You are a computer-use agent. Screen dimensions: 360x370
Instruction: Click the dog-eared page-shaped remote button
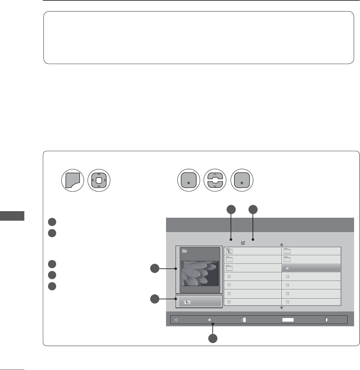[x=73, y=180]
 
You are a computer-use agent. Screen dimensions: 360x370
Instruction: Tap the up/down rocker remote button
[x=215, y=180]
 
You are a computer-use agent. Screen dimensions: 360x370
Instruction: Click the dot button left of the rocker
[x=188, y=180]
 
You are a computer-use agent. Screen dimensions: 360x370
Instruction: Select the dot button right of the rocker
[x=242, y=180]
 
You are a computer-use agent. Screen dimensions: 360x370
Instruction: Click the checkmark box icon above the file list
[x=243, y=243]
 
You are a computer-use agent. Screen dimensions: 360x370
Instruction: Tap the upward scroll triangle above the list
[x=281, y=244]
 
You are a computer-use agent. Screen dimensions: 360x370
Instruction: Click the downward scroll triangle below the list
[x=281, y=308]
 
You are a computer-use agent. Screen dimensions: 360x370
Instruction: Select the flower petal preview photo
[x=199, y=273]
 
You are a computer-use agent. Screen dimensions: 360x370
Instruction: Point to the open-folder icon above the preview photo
[x=185, y=251]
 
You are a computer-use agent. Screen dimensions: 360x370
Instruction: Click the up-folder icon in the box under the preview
[x=187, y=302]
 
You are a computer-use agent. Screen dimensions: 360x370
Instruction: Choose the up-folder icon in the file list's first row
[x=229, y=251]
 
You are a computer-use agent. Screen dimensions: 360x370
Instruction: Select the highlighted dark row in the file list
[x=311, y=268]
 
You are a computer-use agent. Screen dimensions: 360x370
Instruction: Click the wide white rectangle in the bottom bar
[x=288, y=320]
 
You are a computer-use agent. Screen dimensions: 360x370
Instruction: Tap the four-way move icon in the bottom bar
[x=177, y=320]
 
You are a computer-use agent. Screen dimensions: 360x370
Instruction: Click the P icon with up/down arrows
[x=244, y=320]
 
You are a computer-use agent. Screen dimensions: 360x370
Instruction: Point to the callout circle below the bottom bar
[x=213, y=338]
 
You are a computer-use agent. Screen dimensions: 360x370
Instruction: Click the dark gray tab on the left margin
[x=12, y=216]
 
